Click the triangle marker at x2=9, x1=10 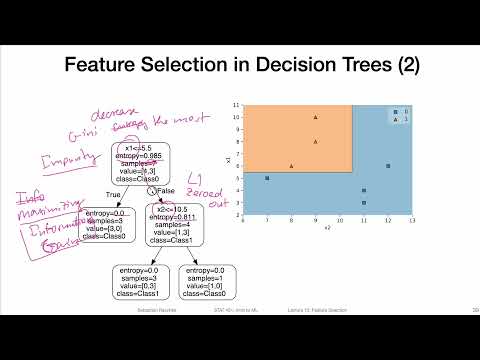click(x=315, y=117)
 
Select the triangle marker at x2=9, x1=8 click(x=315, y=141)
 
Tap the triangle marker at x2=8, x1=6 click(x=291, y=166)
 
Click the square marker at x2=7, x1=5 click(x=267, y=178)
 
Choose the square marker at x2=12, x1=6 click(x=388, y=166)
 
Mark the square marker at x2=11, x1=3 click(x=364, y=202)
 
